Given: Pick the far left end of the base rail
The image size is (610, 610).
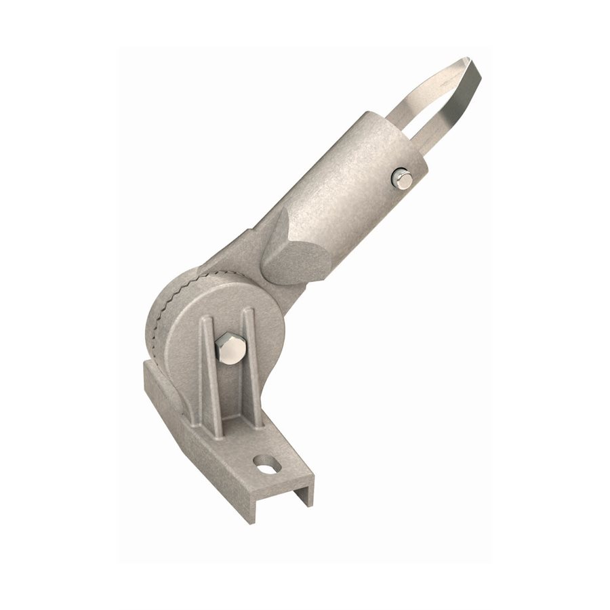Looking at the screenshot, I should tap(148, 376).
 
